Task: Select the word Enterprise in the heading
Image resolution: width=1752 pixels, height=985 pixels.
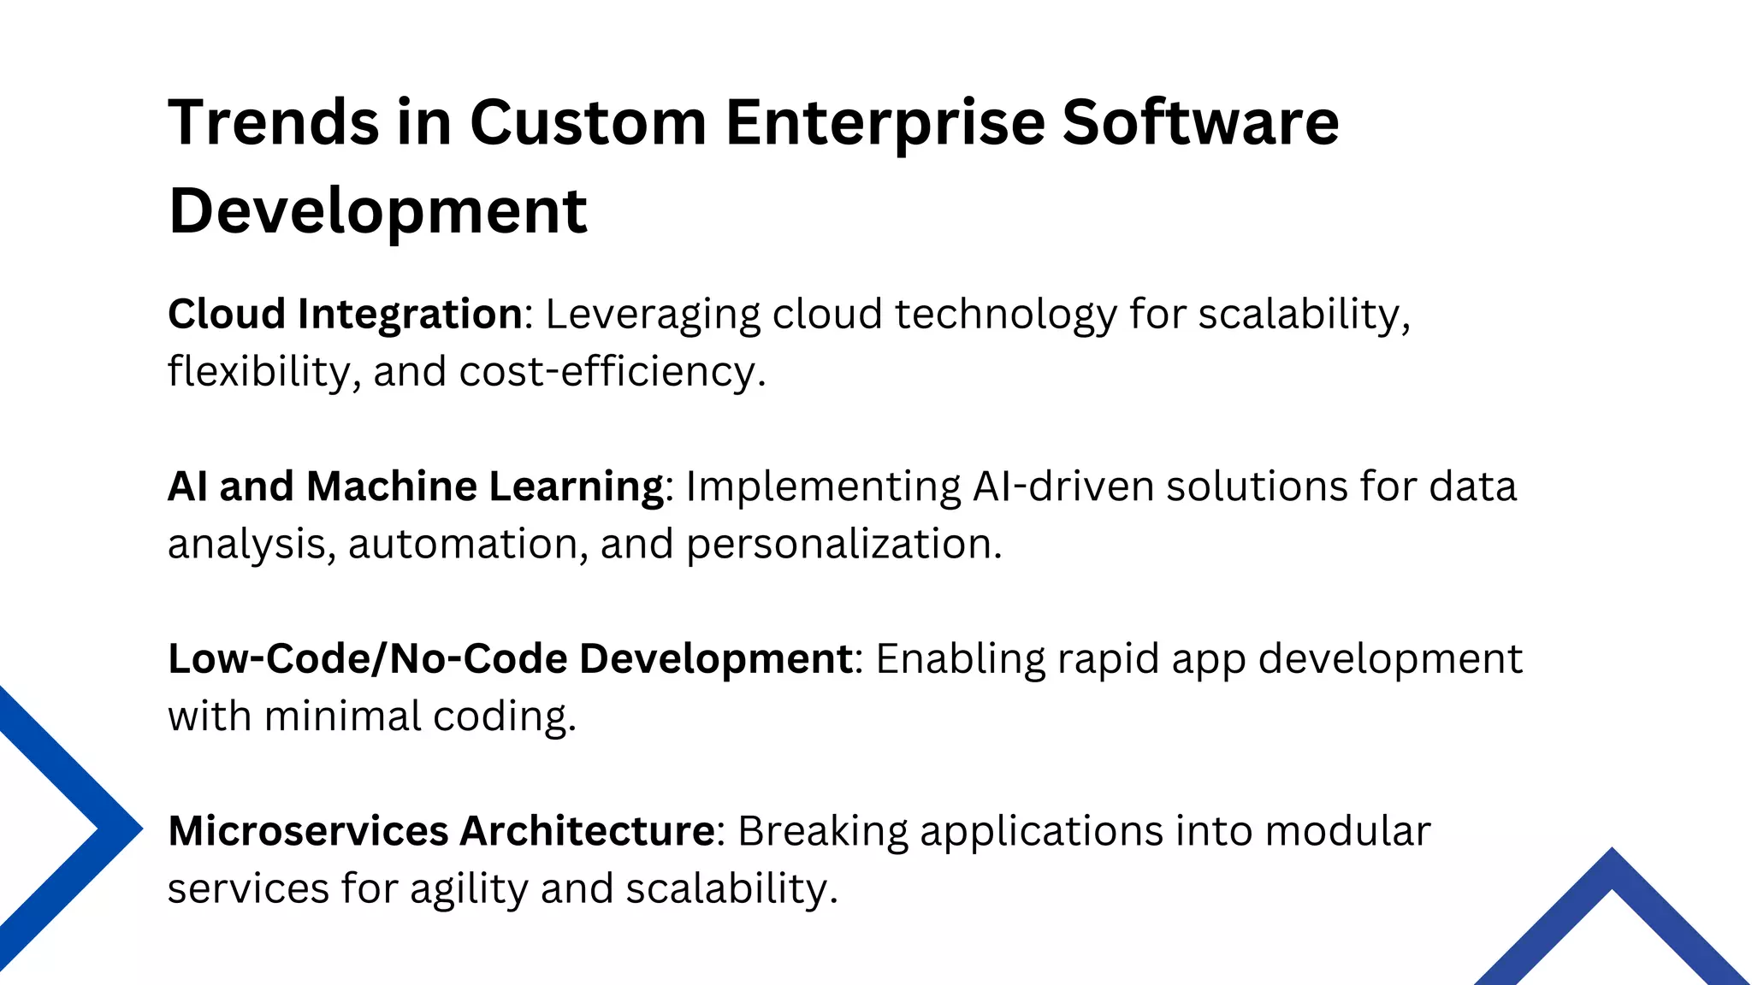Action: click(885, 122)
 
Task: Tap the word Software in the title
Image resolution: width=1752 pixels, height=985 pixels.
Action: click(1200, 122)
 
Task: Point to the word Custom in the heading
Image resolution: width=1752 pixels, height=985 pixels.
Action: click(588, 122)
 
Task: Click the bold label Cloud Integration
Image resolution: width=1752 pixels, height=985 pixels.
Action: click(345, 315)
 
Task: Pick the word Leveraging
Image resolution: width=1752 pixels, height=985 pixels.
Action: click(653, 315)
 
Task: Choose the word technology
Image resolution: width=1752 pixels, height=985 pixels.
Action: click(1006, 315)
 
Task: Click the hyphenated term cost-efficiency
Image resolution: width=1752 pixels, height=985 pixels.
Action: click(612, 372)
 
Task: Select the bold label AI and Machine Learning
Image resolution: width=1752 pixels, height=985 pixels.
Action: click(416, 487)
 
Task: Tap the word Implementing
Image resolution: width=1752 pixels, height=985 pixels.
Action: click(823, 487)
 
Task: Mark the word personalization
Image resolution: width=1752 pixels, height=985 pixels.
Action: click(843, 544)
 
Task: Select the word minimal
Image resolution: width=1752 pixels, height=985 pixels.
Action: click(342, 717)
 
